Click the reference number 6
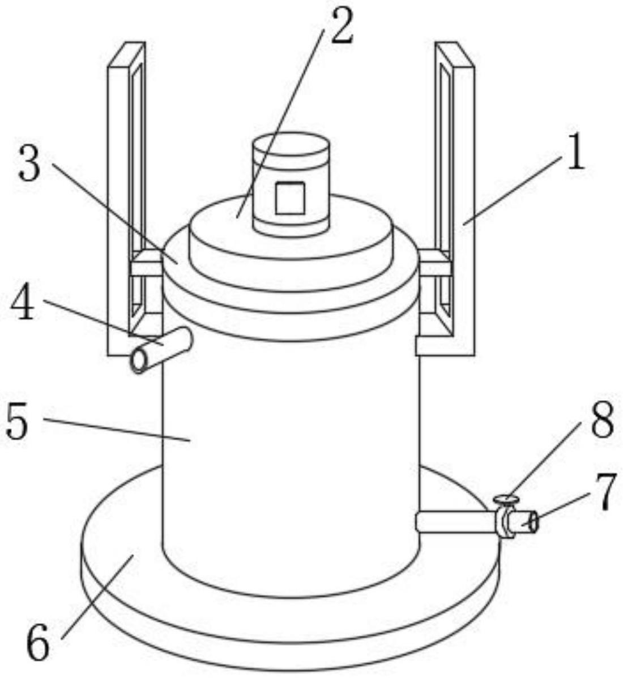(x=38, y=645)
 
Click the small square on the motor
(x=290, y=198)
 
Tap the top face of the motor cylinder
(x=290, y=143)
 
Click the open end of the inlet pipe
(x=139, y=361)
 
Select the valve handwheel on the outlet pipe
(x=506, y=500)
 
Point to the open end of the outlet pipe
(x=532, y=522)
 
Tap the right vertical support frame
(x=463, y=198)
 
